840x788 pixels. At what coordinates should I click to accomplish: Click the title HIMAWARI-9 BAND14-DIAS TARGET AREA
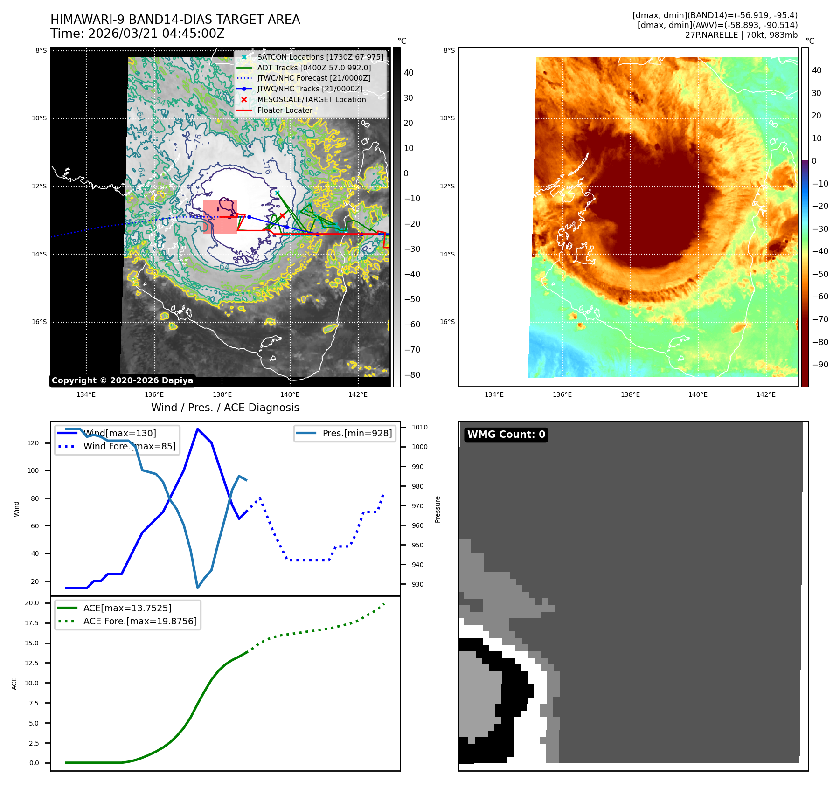tap(175, 20)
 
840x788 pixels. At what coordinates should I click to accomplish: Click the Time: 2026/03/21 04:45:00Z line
tap(138, 34)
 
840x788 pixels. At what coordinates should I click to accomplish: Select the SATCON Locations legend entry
tap(320, 57)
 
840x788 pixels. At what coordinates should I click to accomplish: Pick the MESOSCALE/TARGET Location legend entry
tap(311, 99)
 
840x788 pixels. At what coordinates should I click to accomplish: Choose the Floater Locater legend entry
tap(285, 110)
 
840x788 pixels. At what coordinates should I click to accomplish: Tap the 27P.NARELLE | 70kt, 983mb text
tap(741, 35)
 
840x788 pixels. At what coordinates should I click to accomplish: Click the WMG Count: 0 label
tap(506, 435)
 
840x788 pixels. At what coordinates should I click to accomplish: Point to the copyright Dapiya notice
tap(122, 380)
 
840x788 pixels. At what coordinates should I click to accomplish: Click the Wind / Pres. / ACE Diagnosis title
tap(225, 408)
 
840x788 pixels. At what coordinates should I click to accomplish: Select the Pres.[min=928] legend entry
tap(357, 433)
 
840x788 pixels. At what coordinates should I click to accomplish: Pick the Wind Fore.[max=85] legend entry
tap(129, 446)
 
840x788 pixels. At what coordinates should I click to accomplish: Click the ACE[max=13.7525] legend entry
tap(127, 608)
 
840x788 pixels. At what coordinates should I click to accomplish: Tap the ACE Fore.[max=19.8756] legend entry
tap(140, 621)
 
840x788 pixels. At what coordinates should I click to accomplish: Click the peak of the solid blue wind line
tap(198, 429)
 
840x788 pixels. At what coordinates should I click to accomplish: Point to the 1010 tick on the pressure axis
tap(419, 427)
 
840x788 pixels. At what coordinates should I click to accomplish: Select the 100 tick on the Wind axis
tap(33, 470)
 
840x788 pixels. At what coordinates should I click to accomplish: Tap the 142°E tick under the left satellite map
tap(358, 394)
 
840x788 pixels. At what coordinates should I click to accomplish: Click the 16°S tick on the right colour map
tap(447, 322)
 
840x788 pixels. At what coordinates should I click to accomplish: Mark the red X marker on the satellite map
tap(283, 215)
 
